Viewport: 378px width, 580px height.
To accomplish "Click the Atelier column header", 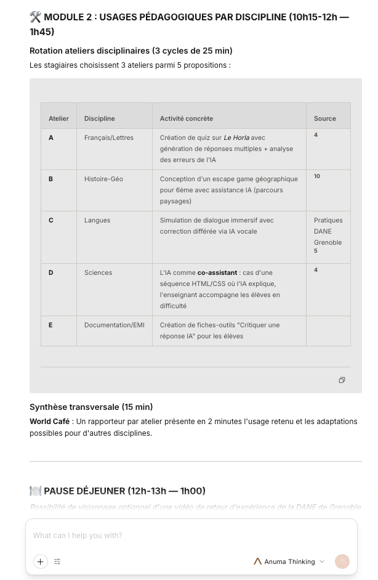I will [x=58, y=118].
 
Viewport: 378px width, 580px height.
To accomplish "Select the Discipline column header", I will [x=99, y=118].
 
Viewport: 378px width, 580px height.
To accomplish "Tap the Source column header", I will [x=324, y=118].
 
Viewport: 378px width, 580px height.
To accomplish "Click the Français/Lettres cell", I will [x=108, y=137].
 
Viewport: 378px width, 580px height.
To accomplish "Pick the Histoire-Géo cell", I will [x=103, y=179].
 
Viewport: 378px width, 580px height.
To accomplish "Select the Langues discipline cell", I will [x=97, y=220].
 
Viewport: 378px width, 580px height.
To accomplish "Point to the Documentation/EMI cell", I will [x=114, y=325].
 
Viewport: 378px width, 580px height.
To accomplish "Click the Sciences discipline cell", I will [x=98, y=272].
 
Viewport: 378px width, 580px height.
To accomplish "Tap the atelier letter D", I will [x=51, y=272].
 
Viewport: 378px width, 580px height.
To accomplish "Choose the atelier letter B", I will [x=51, y=179].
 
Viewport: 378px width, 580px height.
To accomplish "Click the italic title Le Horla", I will [x=236, y=137].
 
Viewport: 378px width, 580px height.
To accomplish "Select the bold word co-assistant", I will [x=217, y=272].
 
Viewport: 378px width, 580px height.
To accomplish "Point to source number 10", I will [x=317, y=176].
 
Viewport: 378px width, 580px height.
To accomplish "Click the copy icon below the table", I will [x=342, y=380].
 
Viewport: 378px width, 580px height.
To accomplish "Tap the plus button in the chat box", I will [x=41, y=562].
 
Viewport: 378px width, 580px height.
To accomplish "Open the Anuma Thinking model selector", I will [x=289, y=562].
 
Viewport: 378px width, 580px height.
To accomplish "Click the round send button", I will [x=342, y=562].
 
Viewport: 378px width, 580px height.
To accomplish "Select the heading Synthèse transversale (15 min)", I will [x=91, y=407].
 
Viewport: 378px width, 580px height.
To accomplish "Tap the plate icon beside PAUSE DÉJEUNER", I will [x=35, y=491].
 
